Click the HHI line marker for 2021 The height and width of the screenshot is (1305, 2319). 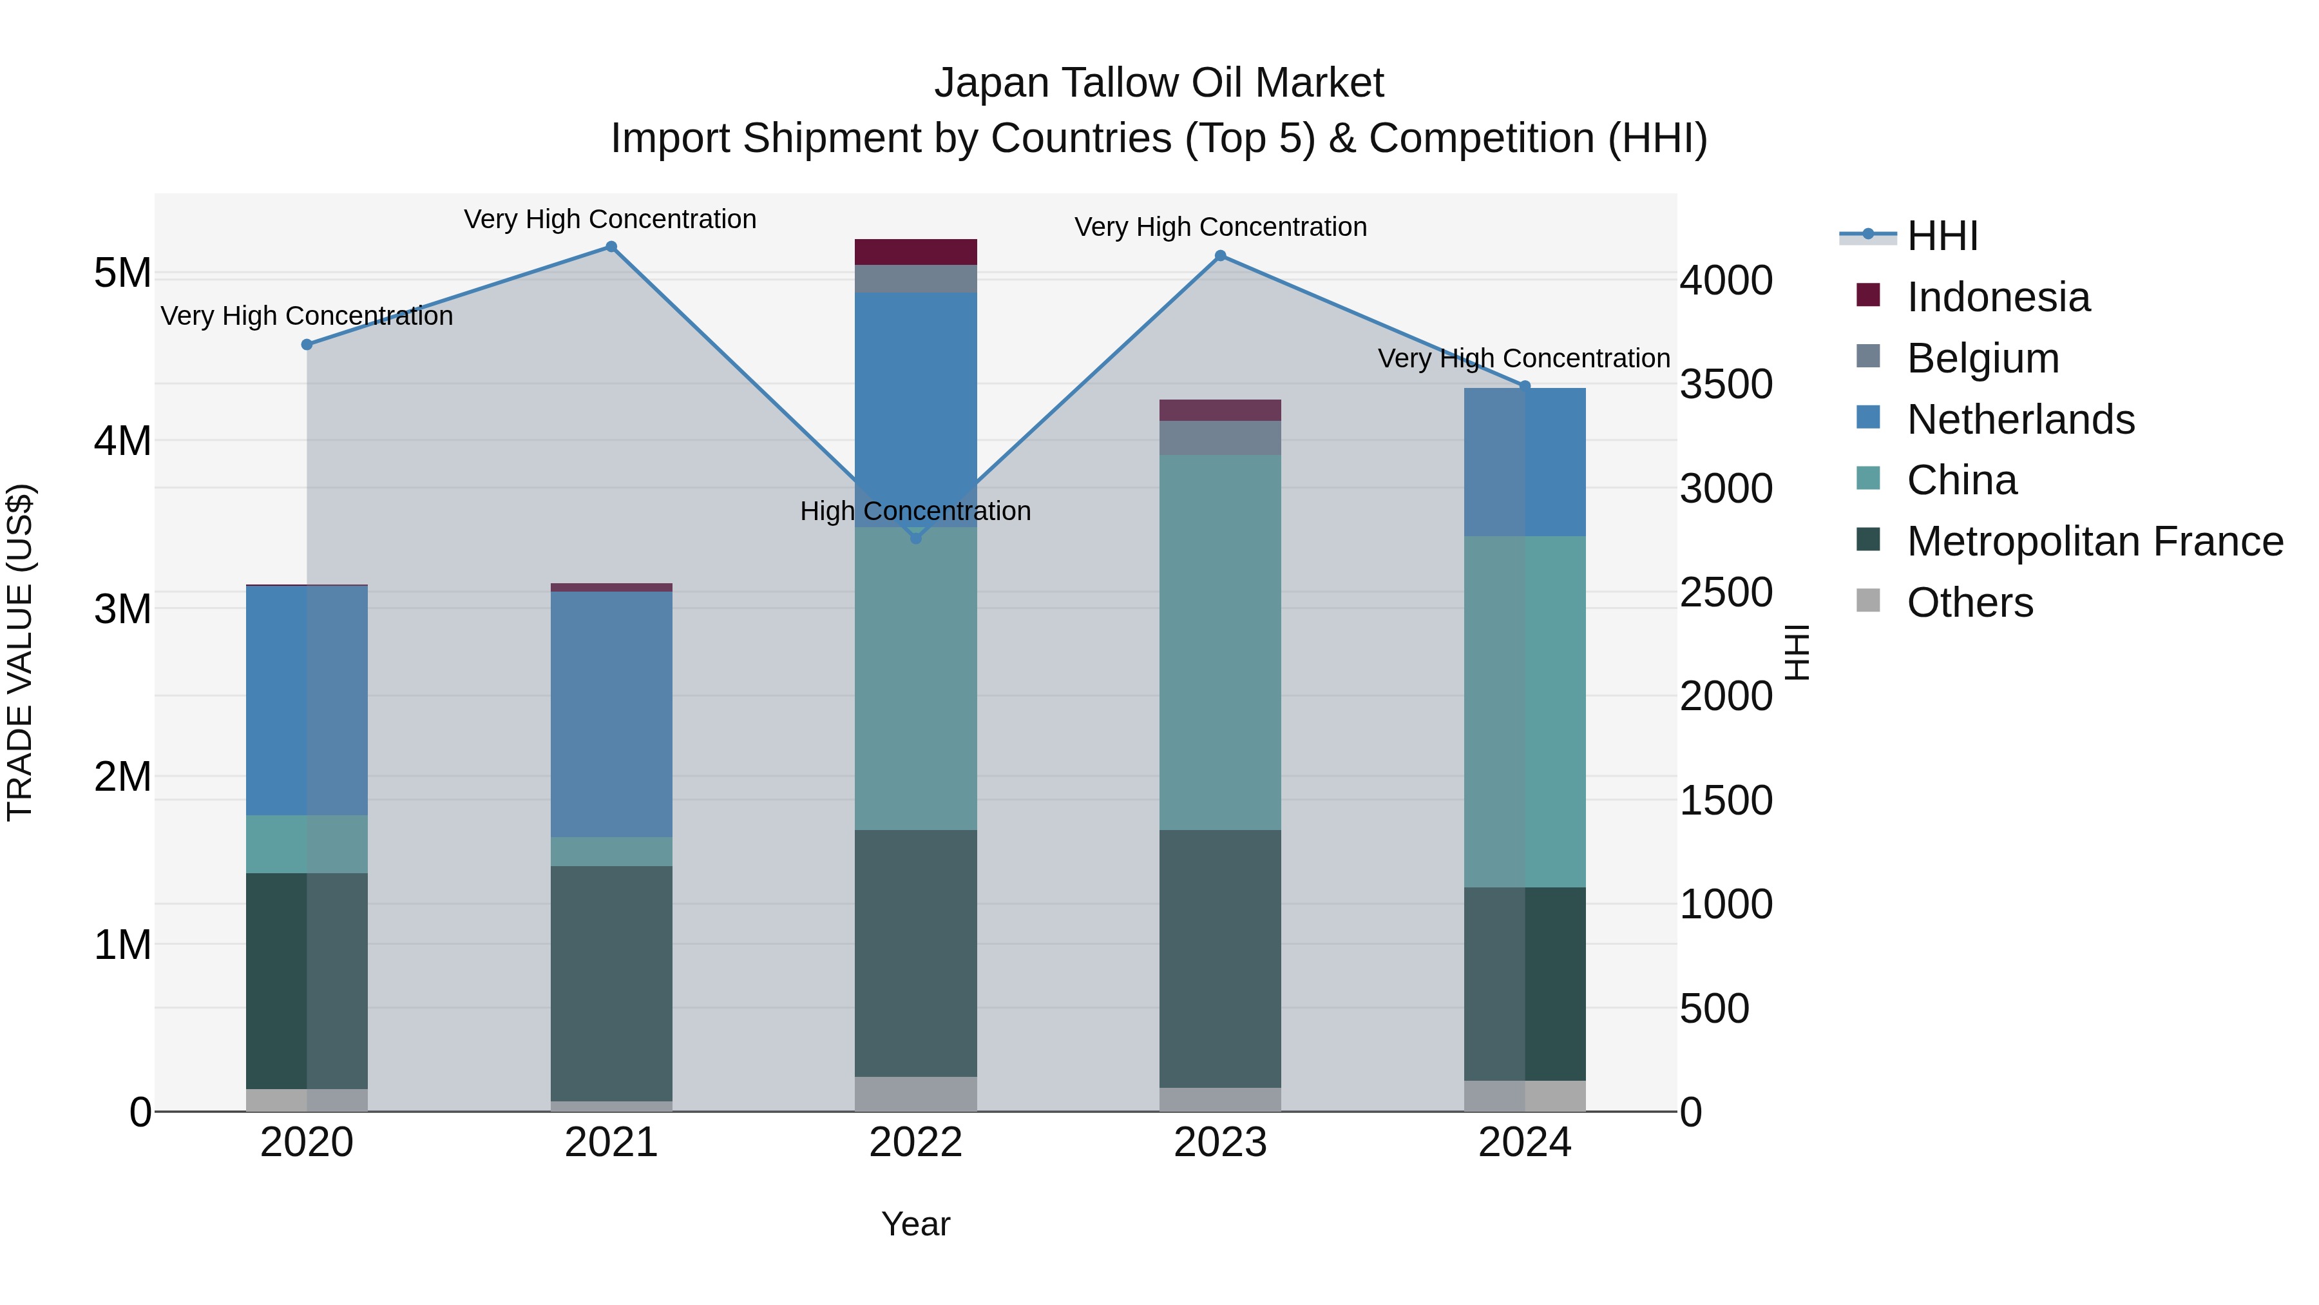[611, 247]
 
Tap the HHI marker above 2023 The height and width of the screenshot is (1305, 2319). [1221, 256]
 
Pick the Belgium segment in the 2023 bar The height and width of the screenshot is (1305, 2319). [1220, 438]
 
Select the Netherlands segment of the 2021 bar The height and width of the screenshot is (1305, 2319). [611, 713]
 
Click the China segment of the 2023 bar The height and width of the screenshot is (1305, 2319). [1220, 641]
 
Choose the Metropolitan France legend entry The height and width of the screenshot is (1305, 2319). [2094, 541]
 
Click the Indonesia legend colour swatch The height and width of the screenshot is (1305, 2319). [1868, 295]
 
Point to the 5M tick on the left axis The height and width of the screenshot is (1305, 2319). [122, 273]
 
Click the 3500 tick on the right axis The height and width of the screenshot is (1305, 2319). [1726, 385]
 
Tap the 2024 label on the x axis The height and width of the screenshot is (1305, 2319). [1524, 1143]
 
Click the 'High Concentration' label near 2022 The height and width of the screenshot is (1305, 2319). [915, 510]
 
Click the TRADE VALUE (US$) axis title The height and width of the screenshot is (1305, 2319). [20, 652]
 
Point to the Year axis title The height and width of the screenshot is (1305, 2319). [915, 1224]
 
